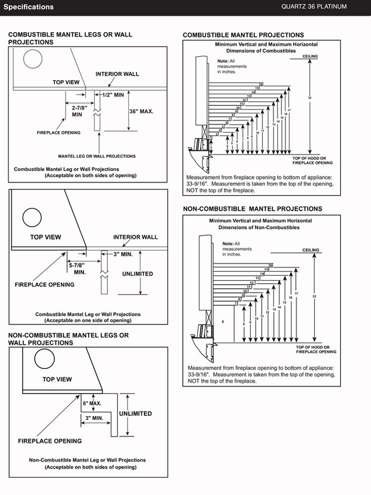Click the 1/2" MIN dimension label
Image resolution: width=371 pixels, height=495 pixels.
tap(113, 95)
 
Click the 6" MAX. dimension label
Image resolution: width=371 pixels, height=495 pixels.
tap(92, 403)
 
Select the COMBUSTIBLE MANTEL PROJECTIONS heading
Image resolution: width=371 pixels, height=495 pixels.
tap(243, 35)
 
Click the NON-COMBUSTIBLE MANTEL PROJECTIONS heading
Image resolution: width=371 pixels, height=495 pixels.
tap(252, 209)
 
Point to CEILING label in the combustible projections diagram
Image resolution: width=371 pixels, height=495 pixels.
tap(310, 56)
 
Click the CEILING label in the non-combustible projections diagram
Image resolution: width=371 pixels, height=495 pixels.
tap(311, 250)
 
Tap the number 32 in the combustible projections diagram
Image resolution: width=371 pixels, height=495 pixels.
tap(309, 98)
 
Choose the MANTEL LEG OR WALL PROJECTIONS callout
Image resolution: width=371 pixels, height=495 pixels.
tap(96, 156)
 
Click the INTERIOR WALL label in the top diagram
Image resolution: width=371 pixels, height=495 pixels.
tap(117, 74)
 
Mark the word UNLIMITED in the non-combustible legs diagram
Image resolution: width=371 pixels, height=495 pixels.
tap(135, 413)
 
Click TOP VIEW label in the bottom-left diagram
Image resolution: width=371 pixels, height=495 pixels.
tap(57, 380)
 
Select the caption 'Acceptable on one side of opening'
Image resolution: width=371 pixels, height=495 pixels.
tap(88, 320)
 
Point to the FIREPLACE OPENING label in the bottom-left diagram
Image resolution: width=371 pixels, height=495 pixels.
tap(50, 441)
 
